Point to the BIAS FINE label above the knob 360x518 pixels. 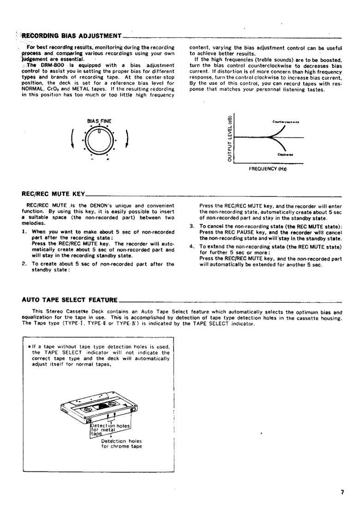(x=99, y=121)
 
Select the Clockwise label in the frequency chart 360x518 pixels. (x=284, y=156)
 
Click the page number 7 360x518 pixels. (x=342, y=492)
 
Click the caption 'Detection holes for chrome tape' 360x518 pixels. (x=122, y=443)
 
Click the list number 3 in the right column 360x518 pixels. (x=192, y=226)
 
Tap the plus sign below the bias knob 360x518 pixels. (x=108, y=159)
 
